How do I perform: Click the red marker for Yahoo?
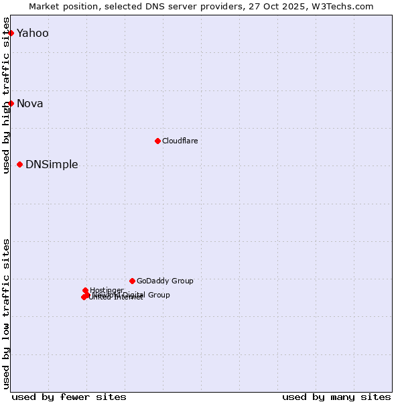[x=11, y=33]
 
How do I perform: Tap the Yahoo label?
[x=33, y=33]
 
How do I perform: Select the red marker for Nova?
[x=11, y=103]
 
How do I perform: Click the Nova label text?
[x=30, y=103]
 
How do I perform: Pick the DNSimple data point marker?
[x=19, y=164]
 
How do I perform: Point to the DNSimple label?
[x=52, y=165]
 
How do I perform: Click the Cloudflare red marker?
[x=157, y=141]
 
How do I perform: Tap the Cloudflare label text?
[x=180, y=141]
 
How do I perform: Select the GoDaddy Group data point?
[x=132, y=281]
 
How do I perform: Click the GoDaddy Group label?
[x=165, y=281]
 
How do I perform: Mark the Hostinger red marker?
[x=85, y=290]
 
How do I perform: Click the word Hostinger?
[x=107, y=289]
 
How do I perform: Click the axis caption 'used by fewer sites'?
[x=69, y=397]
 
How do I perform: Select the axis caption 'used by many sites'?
[x=336, y=397]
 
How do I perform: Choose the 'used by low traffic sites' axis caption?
[x=7, y=313]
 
